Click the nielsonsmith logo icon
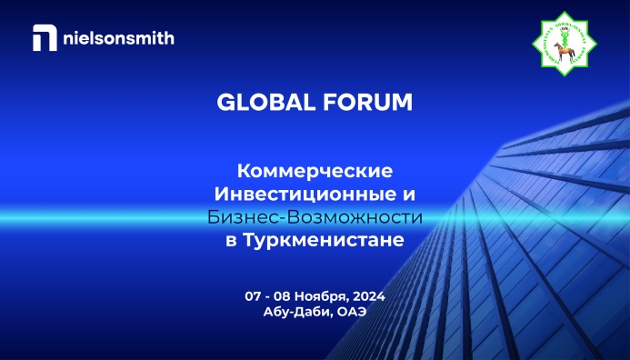pos(42,38)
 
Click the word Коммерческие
pos(314,171)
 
